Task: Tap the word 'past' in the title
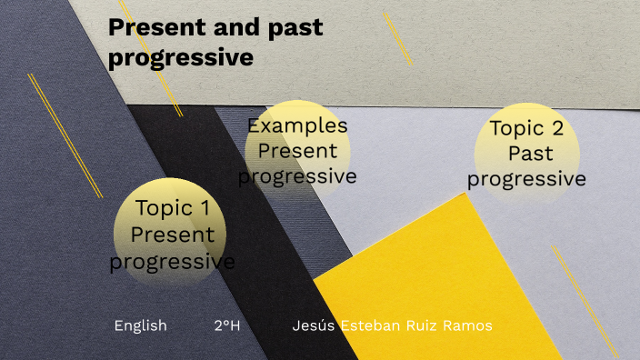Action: [291, 28]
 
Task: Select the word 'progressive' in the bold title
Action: [180, 57]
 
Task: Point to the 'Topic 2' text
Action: [526, 128]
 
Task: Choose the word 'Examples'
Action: [297, 125]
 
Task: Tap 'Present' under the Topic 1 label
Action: [173, 235]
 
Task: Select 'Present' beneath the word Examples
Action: [297, 151]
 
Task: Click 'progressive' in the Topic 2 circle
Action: [526, 179]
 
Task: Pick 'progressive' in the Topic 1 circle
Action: [172, 262]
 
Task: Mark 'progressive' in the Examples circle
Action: [297, 175]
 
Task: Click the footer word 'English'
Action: [140, 325]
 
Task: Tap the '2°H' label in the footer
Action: [226, 325]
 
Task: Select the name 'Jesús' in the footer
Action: [314, 325]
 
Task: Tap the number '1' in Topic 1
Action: [215, 208]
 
